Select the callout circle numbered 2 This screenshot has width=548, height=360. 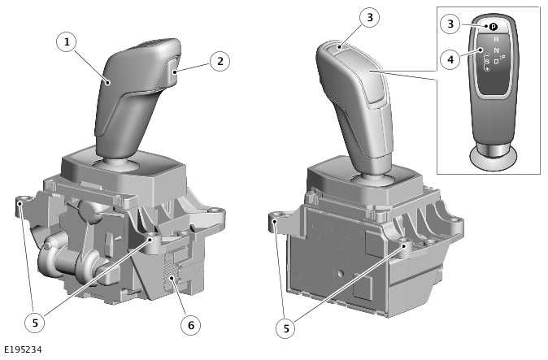[218, 59]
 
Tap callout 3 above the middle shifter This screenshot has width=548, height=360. [347, 17]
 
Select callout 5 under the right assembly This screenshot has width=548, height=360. [285, 328]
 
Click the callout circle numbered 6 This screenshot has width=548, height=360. [190, 325]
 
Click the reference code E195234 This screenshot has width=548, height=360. [22, 350]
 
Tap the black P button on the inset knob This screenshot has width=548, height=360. [493, 27]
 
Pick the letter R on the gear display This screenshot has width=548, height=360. [495, 39]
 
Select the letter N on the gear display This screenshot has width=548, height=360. [496, 50]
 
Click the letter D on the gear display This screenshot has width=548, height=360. [496, 61]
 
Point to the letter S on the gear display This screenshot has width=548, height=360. [487, 61]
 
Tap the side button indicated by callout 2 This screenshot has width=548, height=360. [174, 67]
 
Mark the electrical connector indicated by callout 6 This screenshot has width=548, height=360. [171, 269]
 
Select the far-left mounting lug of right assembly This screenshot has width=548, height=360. [276, 219]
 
